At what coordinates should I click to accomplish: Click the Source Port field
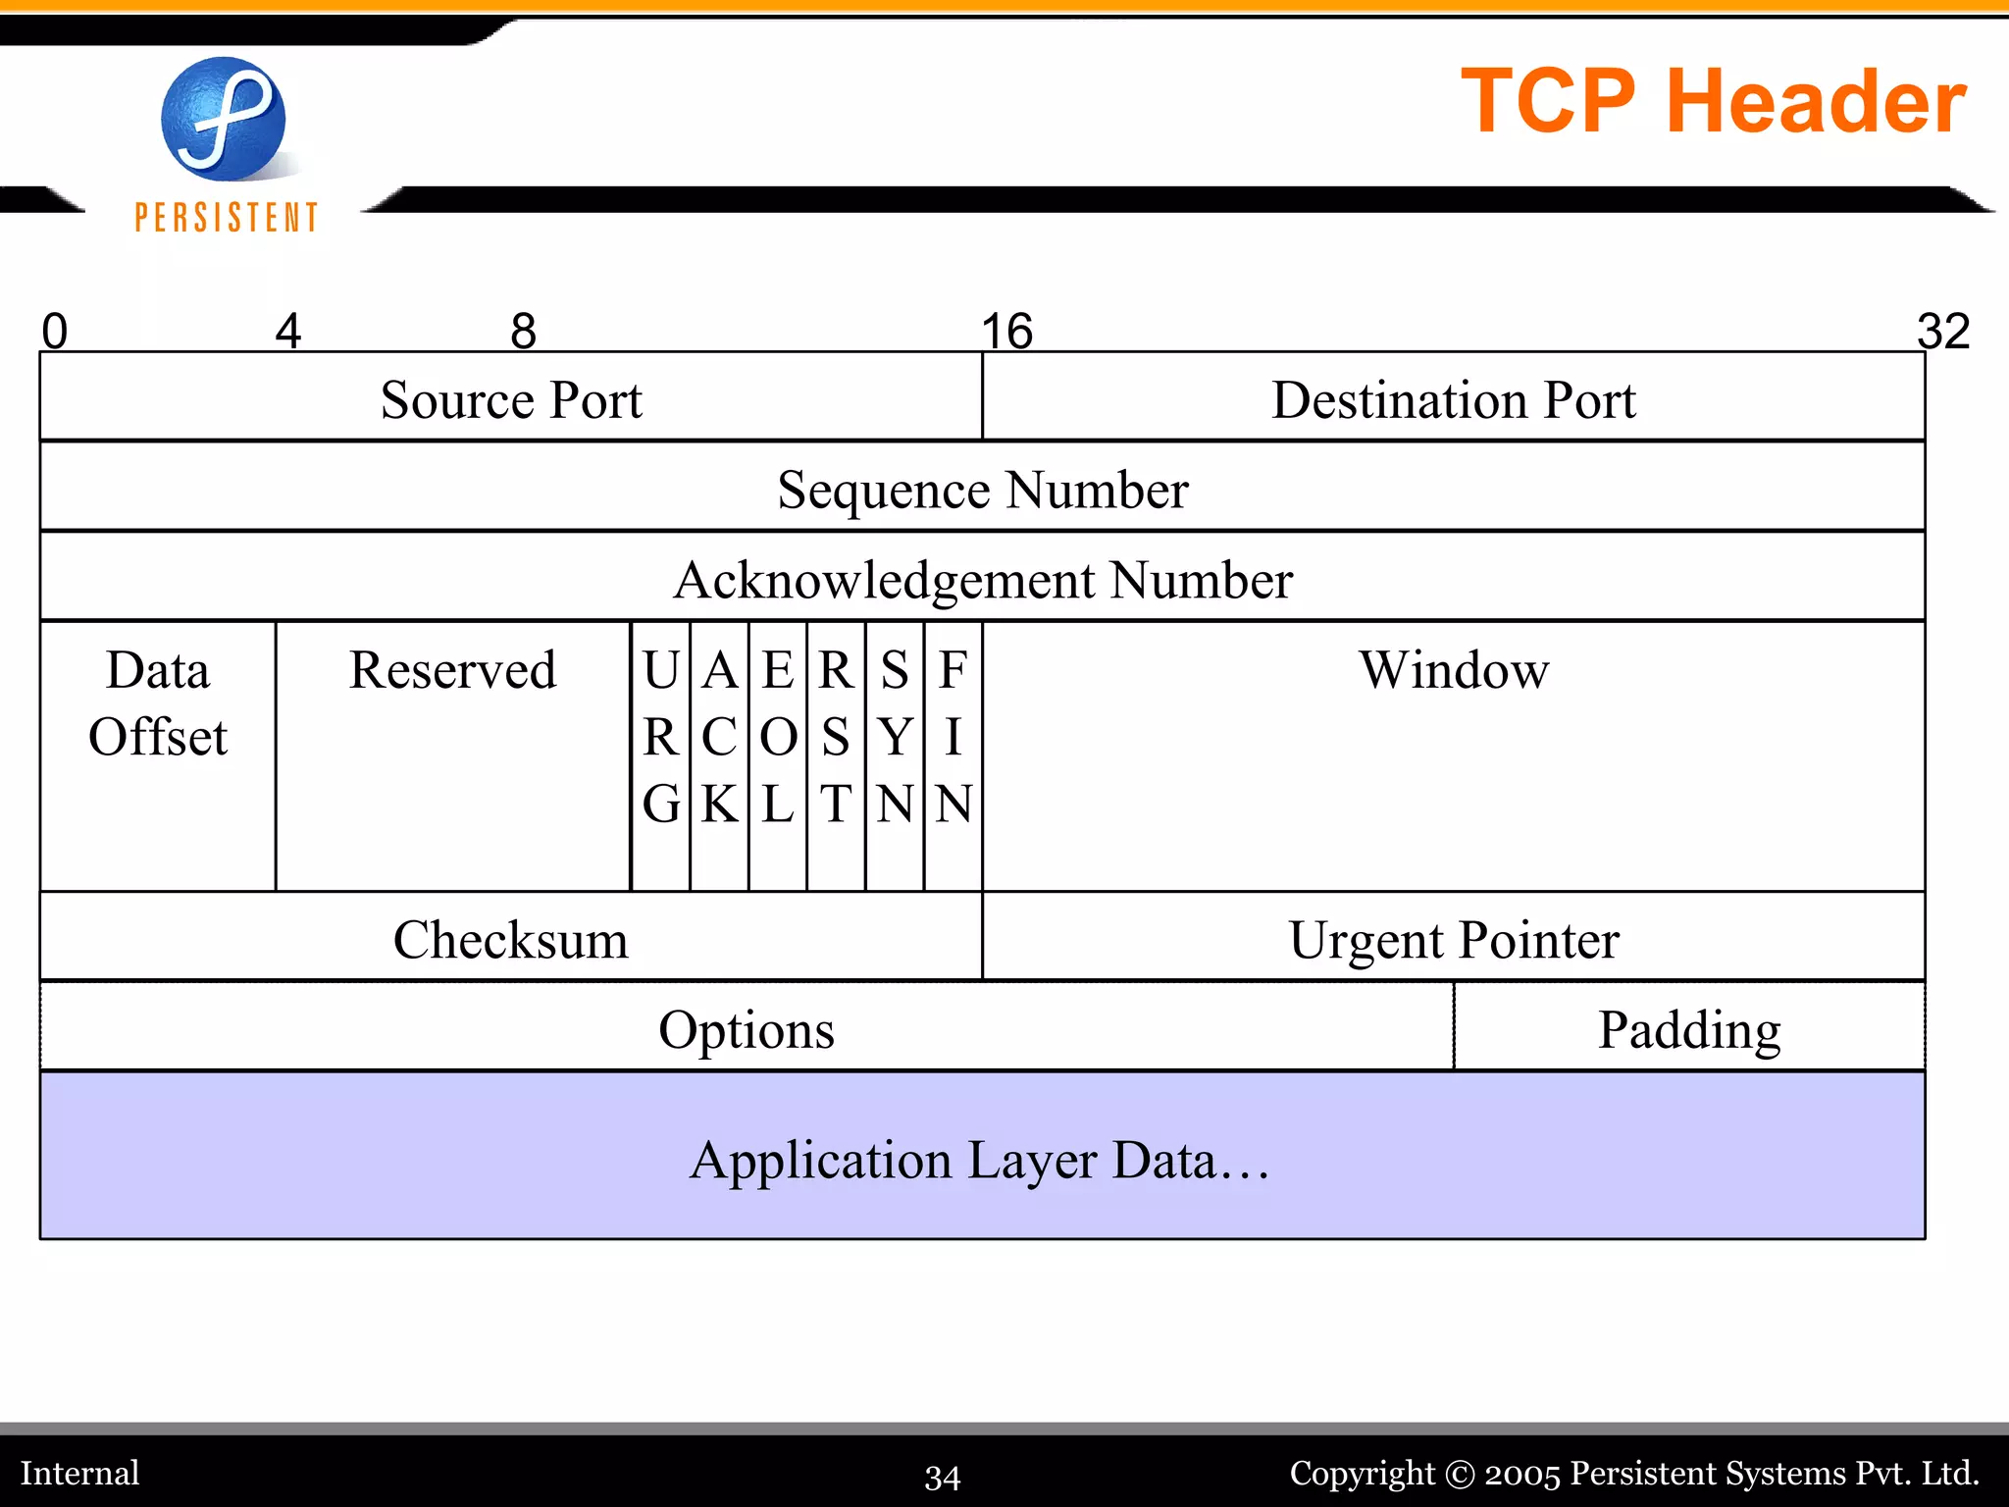coord(510,399)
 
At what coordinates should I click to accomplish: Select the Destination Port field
coord(1453,399)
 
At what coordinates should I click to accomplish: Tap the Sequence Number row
coord(982,489)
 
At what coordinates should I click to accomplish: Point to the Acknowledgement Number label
coord(982,579)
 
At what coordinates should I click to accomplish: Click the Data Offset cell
coord(158,704)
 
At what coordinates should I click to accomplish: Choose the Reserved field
coord(452,671)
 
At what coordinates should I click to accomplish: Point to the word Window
coord(1453,671)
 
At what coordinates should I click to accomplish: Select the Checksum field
coord(510,939)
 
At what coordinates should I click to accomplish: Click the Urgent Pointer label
coord(1453,939)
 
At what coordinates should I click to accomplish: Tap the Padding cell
coord(1688,1029)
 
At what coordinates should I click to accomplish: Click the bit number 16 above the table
coord(1007,331)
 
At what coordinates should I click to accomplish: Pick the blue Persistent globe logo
coord(224,119)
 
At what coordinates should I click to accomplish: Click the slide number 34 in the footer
coord(942,1477)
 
